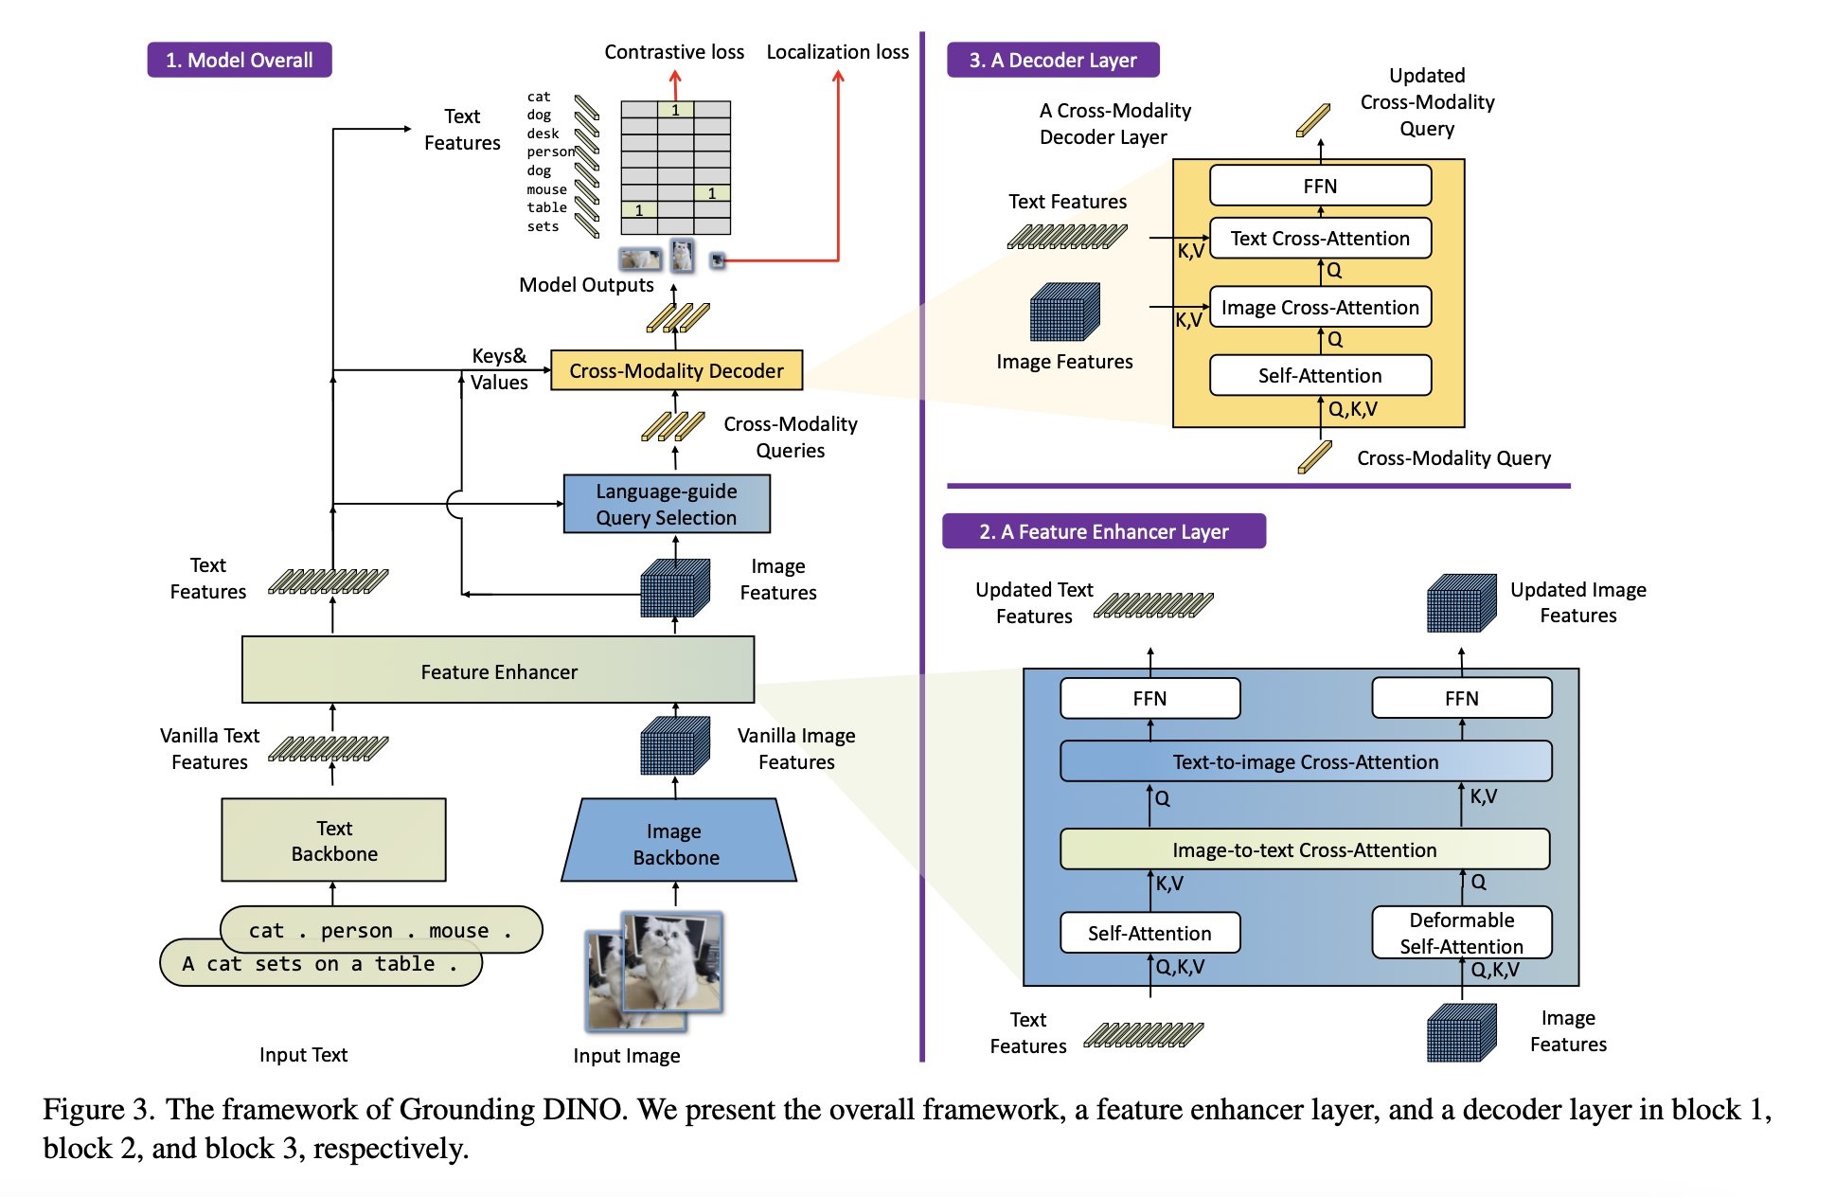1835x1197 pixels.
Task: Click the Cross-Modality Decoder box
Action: point(676,370)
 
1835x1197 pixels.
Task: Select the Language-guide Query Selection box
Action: point(666,504)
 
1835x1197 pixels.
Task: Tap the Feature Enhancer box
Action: point(498,670)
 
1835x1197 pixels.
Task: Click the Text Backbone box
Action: point(333,840)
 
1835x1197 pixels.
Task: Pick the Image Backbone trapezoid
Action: point(676,843)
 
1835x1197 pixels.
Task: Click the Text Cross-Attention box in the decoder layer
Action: point(1319,238)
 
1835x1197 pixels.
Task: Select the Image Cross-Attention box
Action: point(1319,307)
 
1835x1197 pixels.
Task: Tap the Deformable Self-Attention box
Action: point(1461,933)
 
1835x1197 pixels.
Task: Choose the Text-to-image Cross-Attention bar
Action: point(1305,761)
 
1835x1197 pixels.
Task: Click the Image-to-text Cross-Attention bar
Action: point(1304,849)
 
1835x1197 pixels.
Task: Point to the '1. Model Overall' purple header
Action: point(239,60)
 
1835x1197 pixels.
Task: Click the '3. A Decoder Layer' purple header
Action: point(1052,60)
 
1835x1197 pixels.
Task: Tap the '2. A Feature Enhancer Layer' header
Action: point(1103,531)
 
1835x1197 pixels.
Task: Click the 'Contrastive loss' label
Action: point(674,52)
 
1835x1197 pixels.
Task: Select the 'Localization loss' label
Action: point(837,52)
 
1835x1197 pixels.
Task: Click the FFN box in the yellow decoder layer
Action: point(1319,186)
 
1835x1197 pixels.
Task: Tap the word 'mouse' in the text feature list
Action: point(546,189)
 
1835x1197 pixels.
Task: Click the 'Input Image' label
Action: point(626,1055)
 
